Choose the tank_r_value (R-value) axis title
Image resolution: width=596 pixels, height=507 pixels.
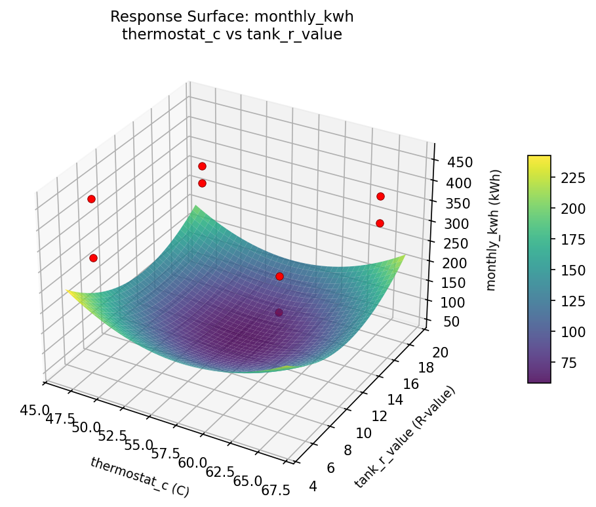coord(404,437)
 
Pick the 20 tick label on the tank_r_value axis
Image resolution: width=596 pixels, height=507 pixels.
coord(441,352)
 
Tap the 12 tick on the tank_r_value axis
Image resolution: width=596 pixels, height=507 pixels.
coord(380,415)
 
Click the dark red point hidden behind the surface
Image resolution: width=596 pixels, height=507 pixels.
coord(279,313)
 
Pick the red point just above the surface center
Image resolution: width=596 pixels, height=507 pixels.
coord(279,276)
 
